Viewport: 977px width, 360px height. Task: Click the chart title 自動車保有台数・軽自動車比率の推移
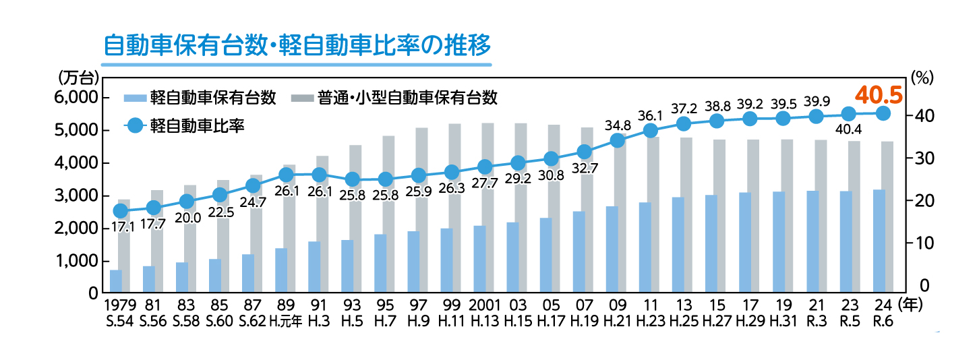tap(297, 46)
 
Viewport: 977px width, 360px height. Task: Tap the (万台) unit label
tap(79, 76)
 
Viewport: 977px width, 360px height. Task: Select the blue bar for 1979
tap(116, 282)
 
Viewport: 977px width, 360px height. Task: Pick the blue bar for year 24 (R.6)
tap(879, 241)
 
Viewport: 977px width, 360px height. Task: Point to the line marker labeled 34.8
tap(617, 140)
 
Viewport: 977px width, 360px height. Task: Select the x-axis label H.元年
tap(287, 322)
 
